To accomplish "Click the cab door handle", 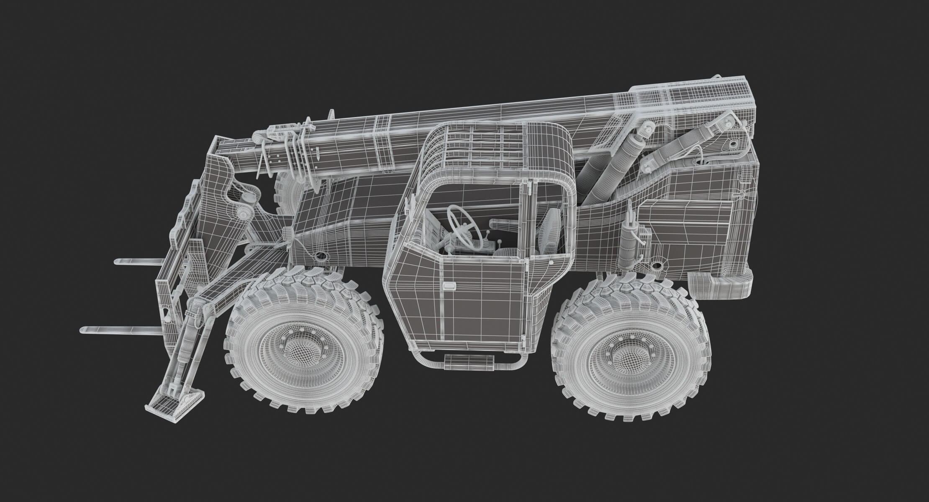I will click(450, 286).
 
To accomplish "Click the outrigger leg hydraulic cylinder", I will click(186, 343).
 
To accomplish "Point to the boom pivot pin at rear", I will click(732, 144).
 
